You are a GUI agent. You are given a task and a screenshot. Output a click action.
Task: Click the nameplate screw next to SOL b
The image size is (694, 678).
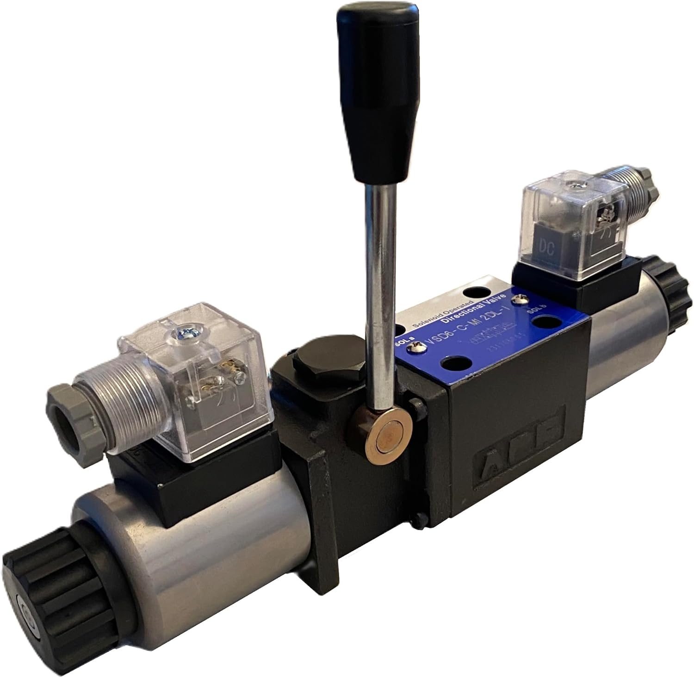pos(523,301)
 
